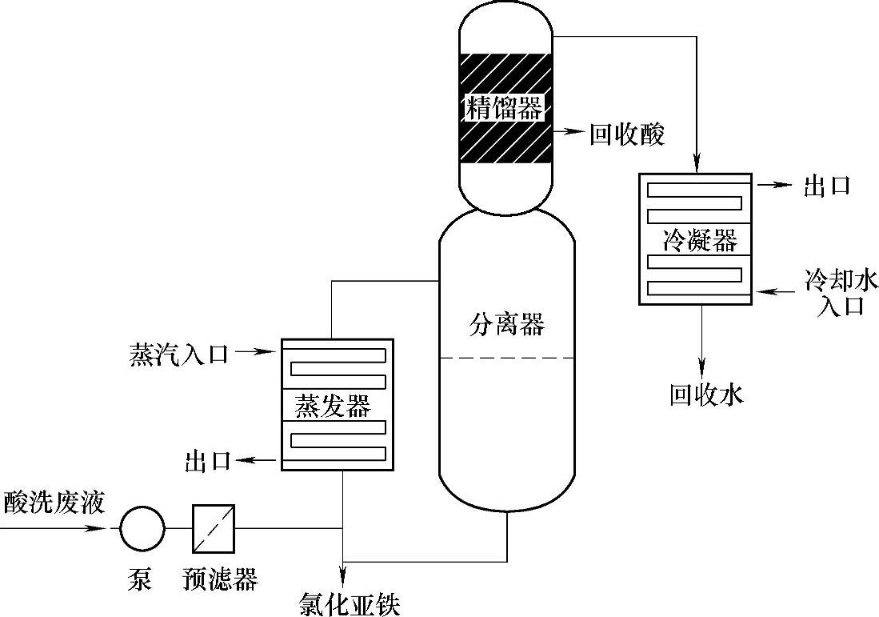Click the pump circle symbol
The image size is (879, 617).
[142, 528]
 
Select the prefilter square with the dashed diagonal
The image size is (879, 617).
[214, 528]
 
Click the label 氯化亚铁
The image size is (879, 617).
[348, 601]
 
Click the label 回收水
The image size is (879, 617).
[706, 395]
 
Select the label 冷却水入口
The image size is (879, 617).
[841, 293]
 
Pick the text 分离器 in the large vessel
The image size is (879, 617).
[506, 324]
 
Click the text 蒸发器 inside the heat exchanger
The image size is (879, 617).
[334, 406]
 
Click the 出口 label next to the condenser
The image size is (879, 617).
[826, 186]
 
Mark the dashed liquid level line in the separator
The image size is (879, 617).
[506, 357]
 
